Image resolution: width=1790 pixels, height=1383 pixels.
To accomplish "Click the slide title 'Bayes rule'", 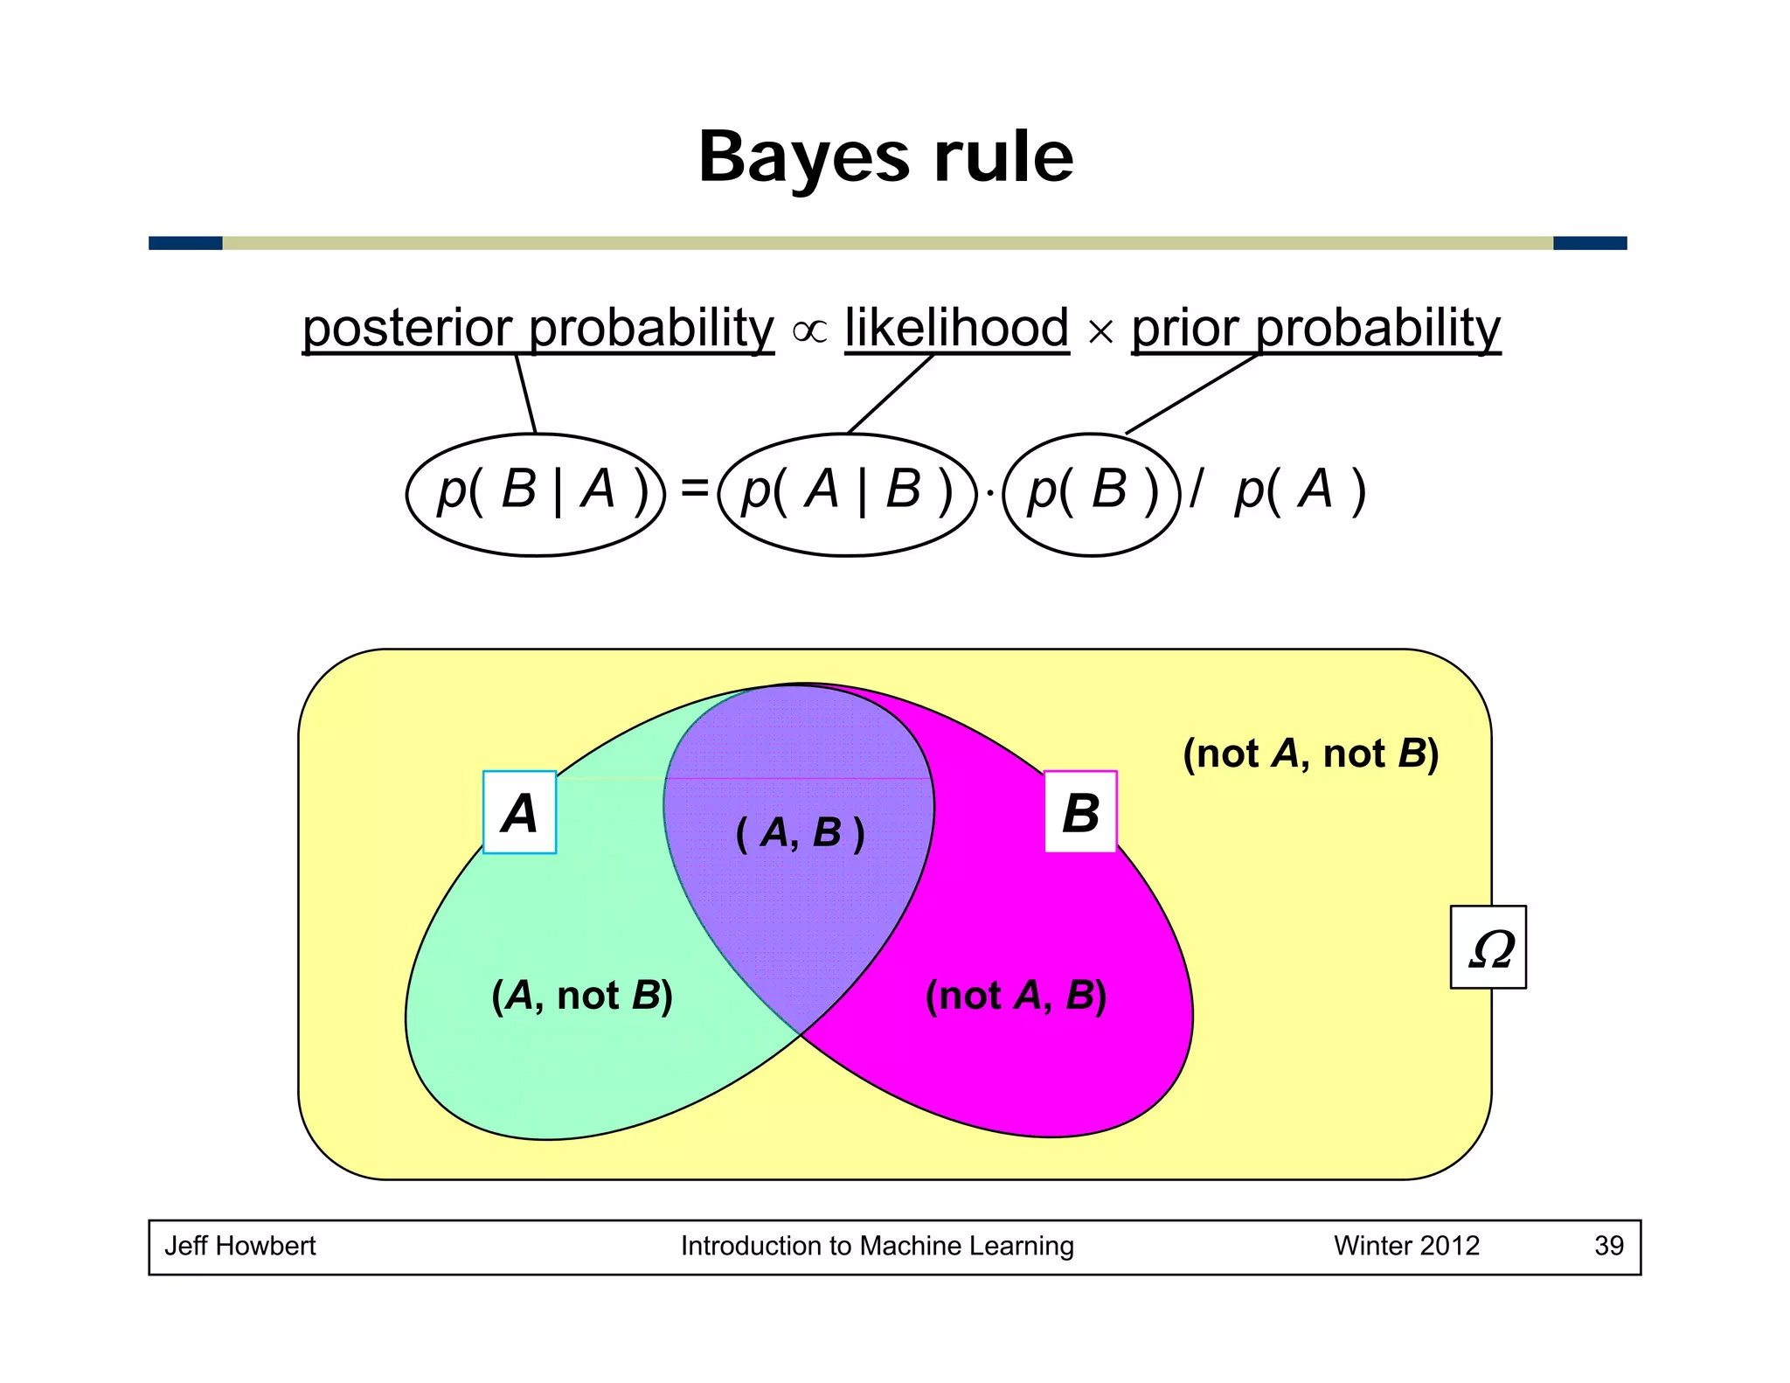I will [885, 157].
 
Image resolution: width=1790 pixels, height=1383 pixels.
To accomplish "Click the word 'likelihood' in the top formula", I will [956, 328].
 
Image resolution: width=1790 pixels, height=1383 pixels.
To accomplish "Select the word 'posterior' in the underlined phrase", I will [407, 330].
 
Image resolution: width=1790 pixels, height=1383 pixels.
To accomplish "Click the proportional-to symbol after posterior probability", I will [809, 331].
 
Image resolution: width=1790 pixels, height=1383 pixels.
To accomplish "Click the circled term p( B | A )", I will [536, 494].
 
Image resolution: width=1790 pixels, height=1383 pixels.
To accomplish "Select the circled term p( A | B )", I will [846, 494].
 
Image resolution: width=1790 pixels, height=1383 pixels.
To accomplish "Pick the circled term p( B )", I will [1092, 494].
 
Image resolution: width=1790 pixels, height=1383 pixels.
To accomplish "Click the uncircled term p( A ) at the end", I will [1300, 491].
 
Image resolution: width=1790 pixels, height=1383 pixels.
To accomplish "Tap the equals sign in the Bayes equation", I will [694, 488].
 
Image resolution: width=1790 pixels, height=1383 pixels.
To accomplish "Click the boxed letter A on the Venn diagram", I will [519, 812].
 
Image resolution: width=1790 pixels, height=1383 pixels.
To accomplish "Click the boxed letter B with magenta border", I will [1080, 812].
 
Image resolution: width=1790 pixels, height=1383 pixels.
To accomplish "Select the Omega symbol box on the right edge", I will [1488, 947].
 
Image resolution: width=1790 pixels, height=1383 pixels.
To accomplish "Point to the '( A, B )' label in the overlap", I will [800, 832].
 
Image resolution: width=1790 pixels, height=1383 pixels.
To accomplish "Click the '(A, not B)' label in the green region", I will [582, 996].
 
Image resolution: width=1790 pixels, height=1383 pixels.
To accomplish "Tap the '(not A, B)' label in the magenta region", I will [1016, 996].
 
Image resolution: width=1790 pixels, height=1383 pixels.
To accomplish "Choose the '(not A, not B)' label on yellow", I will [1310, 754].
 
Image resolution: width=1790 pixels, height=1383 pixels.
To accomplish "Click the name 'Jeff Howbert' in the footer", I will [240, 1246].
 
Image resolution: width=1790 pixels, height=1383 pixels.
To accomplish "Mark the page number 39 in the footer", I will [1608, 1246].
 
